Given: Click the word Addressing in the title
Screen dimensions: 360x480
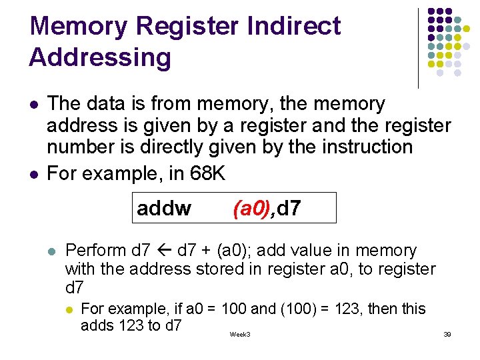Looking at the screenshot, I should [x=100, y=57].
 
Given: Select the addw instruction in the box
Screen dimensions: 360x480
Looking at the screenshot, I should [x=164, y=209].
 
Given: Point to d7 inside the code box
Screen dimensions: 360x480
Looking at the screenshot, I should [x=289, y=209].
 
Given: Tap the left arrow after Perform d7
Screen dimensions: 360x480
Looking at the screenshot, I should [x=165, y=251].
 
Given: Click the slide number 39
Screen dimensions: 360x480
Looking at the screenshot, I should [x=447, y=334].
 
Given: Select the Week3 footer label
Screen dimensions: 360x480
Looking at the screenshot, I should [x=240, y=334].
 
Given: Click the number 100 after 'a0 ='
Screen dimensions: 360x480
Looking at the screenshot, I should [x=233, y=309].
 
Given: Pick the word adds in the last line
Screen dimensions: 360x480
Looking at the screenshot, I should [x=96, y=325].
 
